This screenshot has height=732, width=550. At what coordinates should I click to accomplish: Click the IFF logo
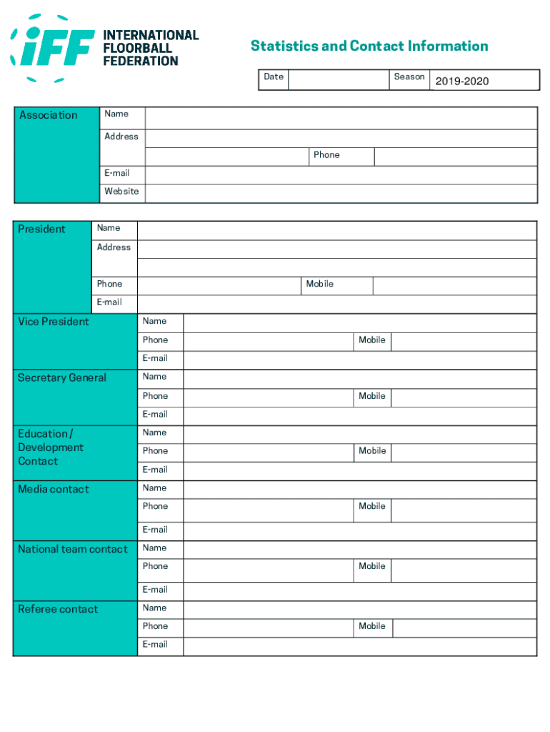[104, 48]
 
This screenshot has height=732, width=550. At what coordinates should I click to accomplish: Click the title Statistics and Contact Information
[369, 46]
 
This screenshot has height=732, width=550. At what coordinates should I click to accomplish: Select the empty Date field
[339, 80]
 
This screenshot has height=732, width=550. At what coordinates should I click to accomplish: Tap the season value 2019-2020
[462, 81]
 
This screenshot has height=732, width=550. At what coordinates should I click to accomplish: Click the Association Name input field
[341, 118]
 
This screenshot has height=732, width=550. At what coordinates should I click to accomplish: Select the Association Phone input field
[455, 157]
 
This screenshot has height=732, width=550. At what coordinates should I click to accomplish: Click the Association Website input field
[341, 193]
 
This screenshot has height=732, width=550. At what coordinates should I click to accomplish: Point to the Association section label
[49, 115]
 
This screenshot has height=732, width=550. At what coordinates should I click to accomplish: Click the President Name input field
[336, 230]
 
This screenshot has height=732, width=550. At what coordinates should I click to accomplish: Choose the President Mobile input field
[454, 286]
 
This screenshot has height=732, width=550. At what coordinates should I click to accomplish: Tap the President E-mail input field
[336, 304]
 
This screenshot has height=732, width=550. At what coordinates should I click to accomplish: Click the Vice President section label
[54, 322]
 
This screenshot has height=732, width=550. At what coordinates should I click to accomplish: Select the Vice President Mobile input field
[464, 341]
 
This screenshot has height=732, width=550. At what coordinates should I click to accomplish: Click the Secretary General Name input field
[359, 378]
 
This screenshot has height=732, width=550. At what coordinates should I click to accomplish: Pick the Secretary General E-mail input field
[359, 416]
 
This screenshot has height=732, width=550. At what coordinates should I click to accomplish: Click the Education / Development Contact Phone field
[269, 452]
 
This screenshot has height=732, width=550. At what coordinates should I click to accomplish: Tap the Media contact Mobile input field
[464, 510]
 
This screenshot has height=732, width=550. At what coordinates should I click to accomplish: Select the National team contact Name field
[359, 549]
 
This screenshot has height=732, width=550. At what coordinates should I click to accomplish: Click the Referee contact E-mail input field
[359, 646]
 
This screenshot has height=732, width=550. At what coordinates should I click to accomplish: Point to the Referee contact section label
[59, 609]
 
